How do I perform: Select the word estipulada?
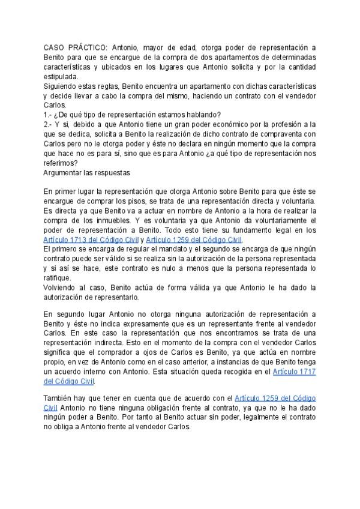point(60,76)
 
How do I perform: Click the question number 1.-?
point(48,115)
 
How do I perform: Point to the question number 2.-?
point(49,125)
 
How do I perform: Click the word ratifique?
point(58,278)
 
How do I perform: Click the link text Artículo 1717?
point(294,372)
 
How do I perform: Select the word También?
point(59,398)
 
